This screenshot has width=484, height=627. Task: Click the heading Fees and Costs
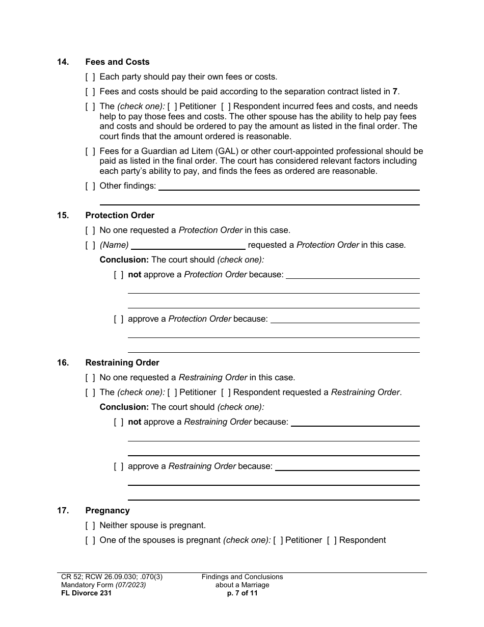click(x=117, y=62)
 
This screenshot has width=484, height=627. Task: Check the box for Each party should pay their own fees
click(x=90, y=77)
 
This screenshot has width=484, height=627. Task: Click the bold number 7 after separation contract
click(x=395, y=92)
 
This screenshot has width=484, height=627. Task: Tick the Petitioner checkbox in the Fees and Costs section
click(x=172, y=107)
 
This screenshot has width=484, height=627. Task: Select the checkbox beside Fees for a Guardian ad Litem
click(x=90, y=151)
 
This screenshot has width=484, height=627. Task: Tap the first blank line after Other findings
click(x=289, y=187)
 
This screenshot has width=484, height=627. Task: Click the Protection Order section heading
click(x=120, y=215)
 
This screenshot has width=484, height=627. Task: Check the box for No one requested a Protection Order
click(x=90, y=230)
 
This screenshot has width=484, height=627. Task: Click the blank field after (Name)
click(x=187, y=245)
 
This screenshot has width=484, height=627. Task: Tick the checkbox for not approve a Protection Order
click(x=119, y=275)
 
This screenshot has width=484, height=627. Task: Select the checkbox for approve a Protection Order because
click(x=119, y=319)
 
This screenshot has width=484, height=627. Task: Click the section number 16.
click(x=63, y=362)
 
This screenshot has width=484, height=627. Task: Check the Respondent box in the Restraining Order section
click(x=226, y=393)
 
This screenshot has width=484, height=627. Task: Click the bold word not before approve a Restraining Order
click(x=135, y=422)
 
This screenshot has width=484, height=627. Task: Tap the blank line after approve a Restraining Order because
click(x=346, y=467)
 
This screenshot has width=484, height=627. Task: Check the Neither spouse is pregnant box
click(x=90, y=526)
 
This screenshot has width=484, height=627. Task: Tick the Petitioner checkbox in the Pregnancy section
click(x=278, y=540)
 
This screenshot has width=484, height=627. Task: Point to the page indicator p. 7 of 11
click(x=242, y=593)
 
